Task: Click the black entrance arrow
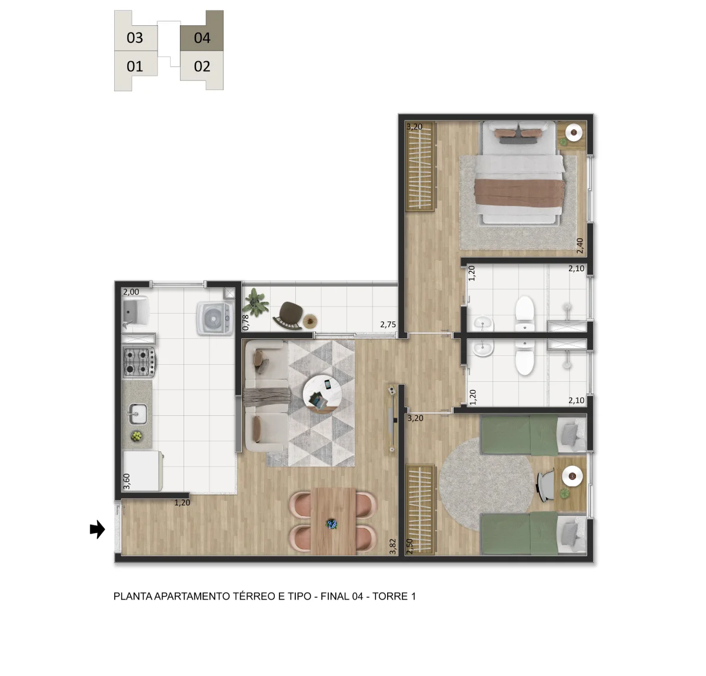coord(97,530)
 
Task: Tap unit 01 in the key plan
coord(135,66)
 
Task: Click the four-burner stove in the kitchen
coord(139,361)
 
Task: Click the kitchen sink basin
coord(138,414)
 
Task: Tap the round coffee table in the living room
coord(322,394)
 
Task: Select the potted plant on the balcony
coord(256,302)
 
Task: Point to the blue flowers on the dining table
coord(332,524)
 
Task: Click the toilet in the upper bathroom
coord(525,314)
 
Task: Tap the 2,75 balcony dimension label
coord(388,324)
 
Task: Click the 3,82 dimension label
coord(392,546)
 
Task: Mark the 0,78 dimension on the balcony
coord(245,322)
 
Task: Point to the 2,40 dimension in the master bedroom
coord(580,246)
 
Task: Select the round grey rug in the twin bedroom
coord(486,484)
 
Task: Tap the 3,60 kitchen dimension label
coord(126,481)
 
